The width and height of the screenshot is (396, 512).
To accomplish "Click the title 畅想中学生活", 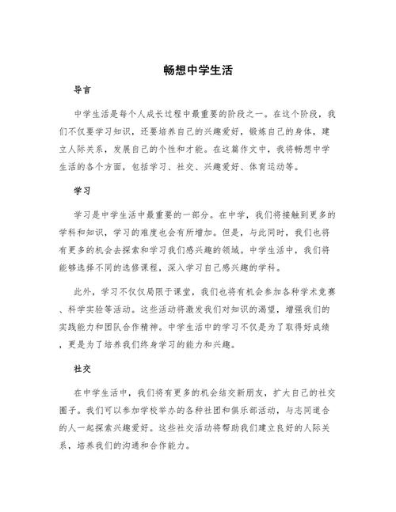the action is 197,70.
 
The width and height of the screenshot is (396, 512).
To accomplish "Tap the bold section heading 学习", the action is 82,192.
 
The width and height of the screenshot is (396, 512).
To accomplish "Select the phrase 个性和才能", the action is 174,150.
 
